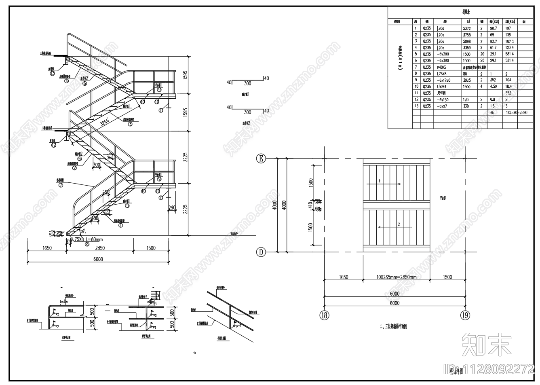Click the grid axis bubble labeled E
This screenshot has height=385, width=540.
[x=261, y=159]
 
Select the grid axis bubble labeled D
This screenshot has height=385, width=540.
[x=261, y=252]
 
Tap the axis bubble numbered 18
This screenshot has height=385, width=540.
[x=325, y=315]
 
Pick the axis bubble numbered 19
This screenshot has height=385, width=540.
[x=466, y=315]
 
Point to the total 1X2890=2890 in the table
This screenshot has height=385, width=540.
[x=516, y=112]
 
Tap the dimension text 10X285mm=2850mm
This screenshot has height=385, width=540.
[x=396, y=277]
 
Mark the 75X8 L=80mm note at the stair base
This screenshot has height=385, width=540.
[x=88, y=239]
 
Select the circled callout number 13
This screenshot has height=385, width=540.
[x=53, y=74]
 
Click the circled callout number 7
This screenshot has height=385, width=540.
[x=61, y=186]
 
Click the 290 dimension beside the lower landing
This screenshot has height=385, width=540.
[x=172, y=208]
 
